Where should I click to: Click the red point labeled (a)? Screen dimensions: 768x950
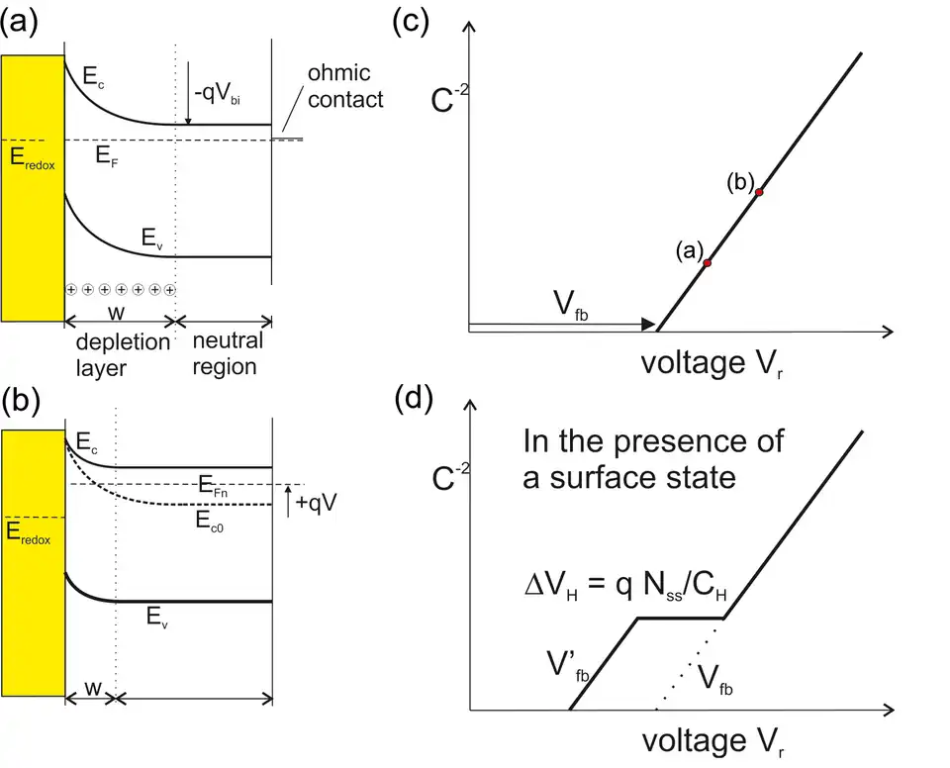pos(708,262)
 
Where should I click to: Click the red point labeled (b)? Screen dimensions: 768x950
pos(759,192)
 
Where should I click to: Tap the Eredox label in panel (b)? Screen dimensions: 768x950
pos(31,535)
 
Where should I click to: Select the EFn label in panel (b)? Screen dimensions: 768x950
pos(235,484)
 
